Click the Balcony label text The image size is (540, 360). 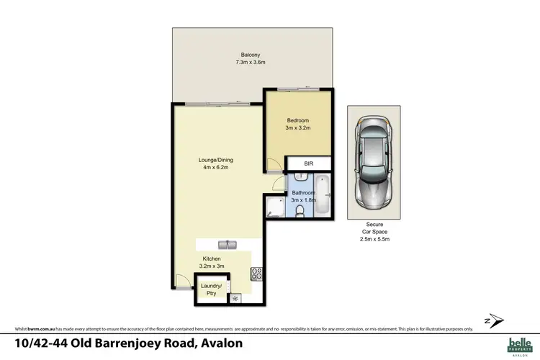[x=251, y=55]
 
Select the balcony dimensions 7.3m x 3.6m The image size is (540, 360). [x=251, y=63]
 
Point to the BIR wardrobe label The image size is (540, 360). [x=309, y=164]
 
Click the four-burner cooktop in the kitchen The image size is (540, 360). [x=256, y=274]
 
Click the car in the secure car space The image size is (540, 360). [x=374, y=164]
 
